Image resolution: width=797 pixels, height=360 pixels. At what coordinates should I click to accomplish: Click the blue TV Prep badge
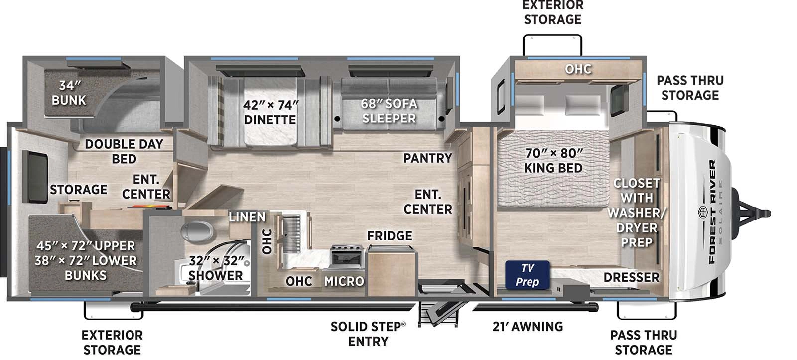coord(528,275)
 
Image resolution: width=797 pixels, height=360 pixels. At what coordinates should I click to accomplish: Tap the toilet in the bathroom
coord(197,232)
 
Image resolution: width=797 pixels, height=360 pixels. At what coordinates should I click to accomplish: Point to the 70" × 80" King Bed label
coord(553,160)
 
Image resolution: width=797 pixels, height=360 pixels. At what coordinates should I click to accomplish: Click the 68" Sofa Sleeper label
coord(389,111)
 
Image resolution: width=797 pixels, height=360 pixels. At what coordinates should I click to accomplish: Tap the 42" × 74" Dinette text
coord(270,113)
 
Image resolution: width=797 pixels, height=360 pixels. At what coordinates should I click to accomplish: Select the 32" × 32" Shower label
coord(216,268)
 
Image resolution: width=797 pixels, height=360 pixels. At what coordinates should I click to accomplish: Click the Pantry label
coord(427,158)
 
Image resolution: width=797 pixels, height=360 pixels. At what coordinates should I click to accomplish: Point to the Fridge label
coord(390,236)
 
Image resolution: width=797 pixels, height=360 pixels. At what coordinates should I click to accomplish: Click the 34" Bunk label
coord(69,93)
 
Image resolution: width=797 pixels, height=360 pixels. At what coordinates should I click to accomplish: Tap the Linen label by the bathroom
coord(247,217)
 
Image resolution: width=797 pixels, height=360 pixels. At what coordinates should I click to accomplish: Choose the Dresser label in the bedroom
coord(631,277)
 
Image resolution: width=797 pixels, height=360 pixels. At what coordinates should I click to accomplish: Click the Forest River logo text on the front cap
coord(712,212)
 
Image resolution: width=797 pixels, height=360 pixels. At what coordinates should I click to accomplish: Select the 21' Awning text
coord(528,327)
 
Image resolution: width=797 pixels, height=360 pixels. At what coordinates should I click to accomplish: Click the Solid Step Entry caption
coord(368,334)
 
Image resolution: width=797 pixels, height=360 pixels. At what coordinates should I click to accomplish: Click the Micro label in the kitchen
coord(344,281)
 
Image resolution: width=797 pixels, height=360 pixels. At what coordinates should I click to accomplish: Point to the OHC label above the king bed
coord(578,69)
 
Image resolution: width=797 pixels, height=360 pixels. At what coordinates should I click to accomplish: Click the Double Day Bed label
coord(124,151)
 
